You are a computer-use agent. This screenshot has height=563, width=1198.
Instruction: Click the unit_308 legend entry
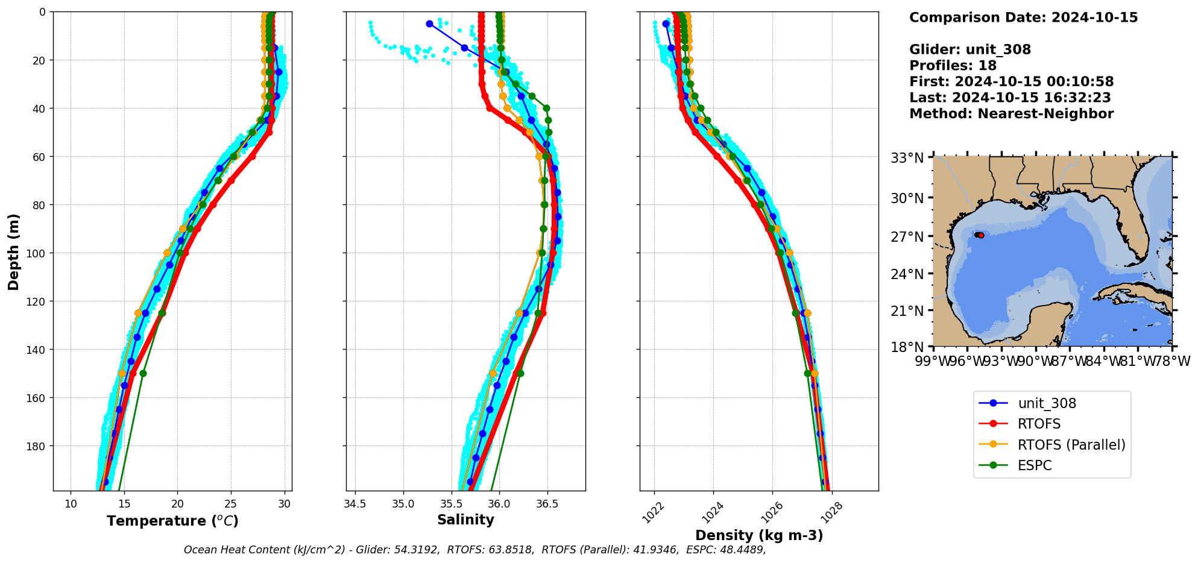(1047, 403)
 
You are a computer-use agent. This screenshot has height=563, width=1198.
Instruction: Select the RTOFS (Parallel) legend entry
(1071, 445)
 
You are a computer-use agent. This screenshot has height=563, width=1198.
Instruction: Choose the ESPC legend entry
(1035, 465)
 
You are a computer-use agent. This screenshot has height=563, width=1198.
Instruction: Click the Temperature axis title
(172, 521)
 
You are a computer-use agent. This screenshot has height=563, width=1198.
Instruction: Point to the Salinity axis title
(465, 520)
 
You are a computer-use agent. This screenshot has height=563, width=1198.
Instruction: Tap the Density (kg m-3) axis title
(759, 535)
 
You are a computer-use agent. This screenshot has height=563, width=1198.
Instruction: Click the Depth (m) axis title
(13, 251)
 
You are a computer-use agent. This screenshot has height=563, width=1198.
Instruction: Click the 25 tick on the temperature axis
(231, 504)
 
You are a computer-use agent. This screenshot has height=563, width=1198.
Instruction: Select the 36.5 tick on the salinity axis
(546, 504)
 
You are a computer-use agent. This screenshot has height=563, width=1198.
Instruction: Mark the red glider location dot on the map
(980, 235)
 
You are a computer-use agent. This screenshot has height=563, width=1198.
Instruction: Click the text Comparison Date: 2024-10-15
(1023, 17)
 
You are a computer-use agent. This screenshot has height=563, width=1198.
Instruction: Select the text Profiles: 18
(953, 65)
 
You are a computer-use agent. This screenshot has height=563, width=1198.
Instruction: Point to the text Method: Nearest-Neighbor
(1011, 113)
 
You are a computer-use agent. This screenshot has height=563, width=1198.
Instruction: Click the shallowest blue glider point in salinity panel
(429, 24)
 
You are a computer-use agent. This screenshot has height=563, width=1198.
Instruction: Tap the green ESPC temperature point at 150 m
(143, 373)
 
